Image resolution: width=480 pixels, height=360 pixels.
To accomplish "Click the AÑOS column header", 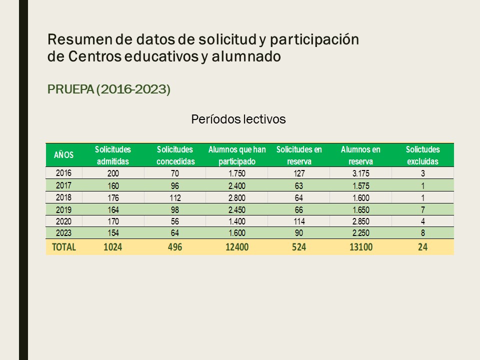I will tap(63, 155).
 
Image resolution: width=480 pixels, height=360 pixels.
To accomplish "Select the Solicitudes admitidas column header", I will tap(113, 155).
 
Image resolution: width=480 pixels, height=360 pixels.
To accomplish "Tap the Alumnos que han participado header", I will tap(237, 155).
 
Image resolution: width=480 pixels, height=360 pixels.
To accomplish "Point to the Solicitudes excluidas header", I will tap(422, 155).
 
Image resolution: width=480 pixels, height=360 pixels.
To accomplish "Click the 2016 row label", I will tap(63, 173).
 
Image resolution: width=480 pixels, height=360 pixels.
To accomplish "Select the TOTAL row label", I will tap(64, 246).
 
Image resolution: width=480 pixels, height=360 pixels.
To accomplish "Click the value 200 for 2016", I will tap(113, 173).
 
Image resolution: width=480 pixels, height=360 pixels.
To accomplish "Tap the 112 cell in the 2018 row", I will tap(175, 197).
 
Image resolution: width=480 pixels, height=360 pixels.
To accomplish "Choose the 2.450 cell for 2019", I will tap(237, 209).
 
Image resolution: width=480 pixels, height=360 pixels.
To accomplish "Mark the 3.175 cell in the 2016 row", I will tap(360, 173).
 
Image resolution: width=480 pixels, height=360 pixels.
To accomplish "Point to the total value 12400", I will tap(237, 246).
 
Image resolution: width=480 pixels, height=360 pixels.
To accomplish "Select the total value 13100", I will tap(360, 246).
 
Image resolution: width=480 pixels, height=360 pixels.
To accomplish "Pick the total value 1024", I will tap(113, 246).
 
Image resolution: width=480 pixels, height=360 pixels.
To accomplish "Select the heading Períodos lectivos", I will tap(238, 119).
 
